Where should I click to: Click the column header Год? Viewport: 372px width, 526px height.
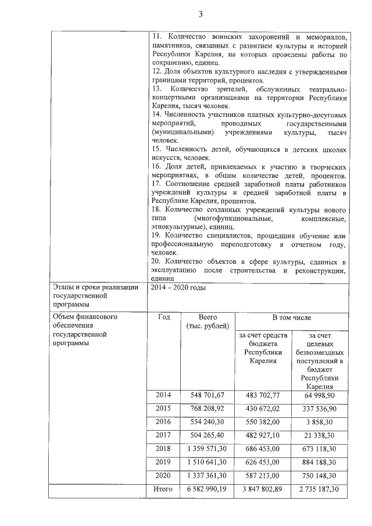point(163,318)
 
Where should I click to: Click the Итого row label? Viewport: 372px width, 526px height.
point(163,489)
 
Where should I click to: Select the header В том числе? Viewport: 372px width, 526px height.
point(292,318)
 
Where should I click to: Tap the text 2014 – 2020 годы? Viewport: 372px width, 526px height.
point(178,287)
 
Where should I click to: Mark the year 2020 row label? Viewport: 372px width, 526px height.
point(163,475)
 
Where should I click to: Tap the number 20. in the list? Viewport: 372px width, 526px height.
point(155,261)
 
